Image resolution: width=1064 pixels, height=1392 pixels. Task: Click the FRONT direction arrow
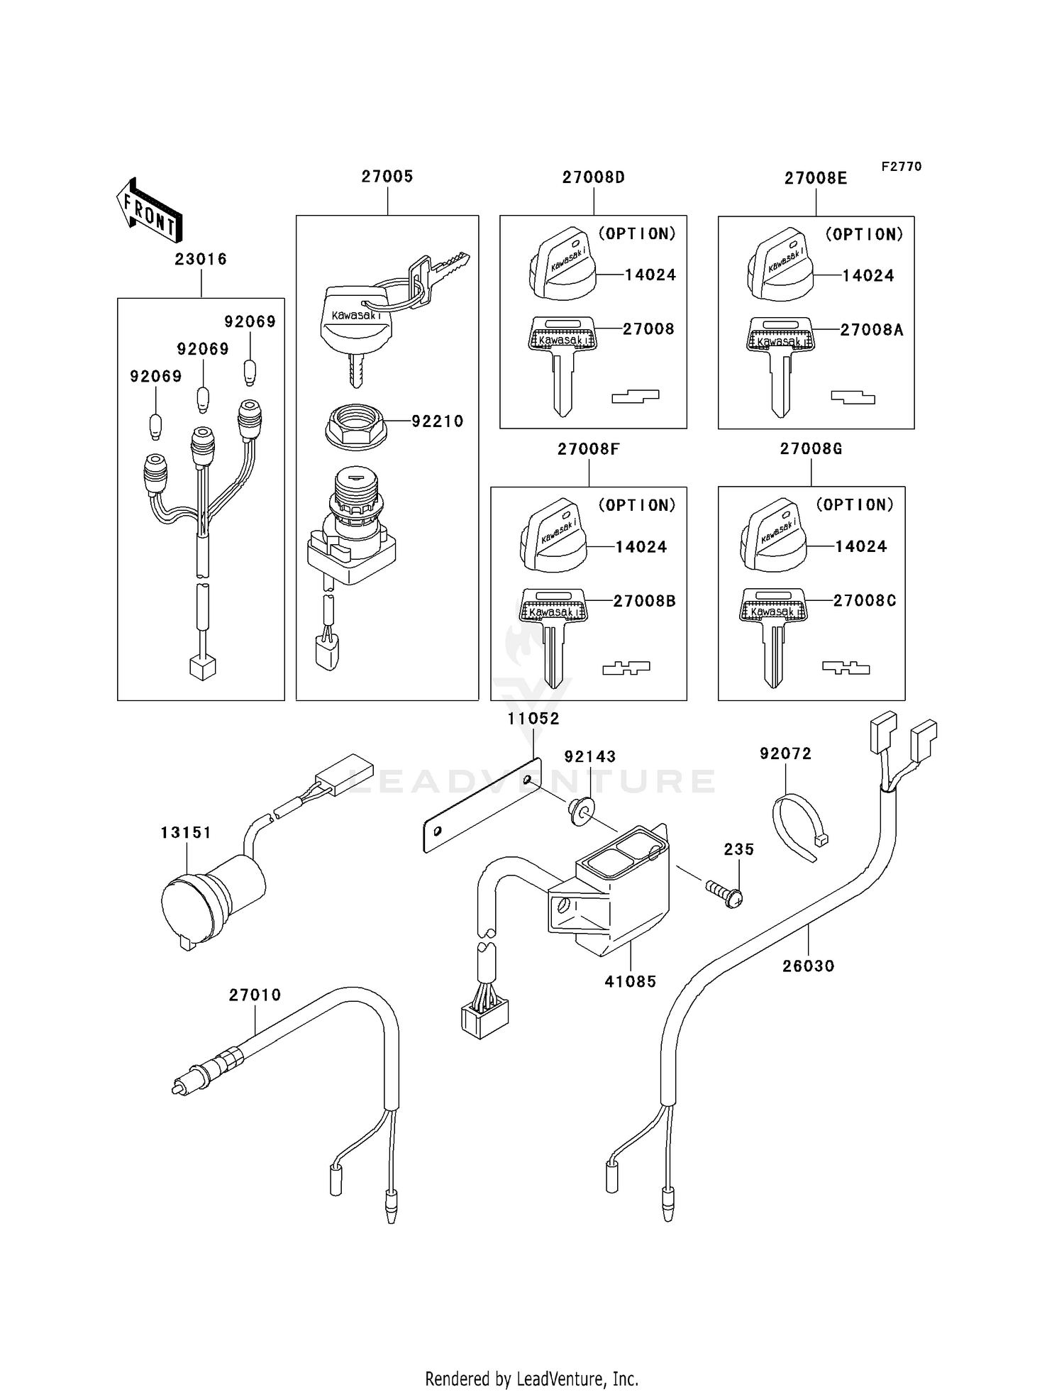click(150, 211)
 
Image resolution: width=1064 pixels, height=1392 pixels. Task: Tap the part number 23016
click(201, 260)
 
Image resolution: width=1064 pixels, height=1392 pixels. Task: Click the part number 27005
click(387, 177)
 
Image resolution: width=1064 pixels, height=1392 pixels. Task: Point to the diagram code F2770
click(901, 167)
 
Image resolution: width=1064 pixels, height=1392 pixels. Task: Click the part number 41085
click(630, 982)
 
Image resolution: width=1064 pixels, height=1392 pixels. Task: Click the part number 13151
click(185, 833)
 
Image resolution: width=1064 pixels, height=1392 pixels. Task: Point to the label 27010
click(255, 995)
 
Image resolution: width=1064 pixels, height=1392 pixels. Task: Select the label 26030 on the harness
click(808, 966)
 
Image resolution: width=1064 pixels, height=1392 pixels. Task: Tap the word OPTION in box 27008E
click(864, 235)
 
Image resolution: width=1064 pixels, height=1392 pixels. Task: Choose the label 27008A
click(872, 330)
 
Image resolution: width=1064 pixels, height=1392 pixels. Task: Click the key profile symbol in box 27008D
click(635, 397)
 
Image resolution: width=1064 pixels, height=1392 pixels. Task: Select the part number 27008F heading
click(588, 449)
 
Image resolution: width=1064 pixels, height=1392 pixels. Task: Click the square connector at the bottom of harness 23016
click(203, 667)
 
